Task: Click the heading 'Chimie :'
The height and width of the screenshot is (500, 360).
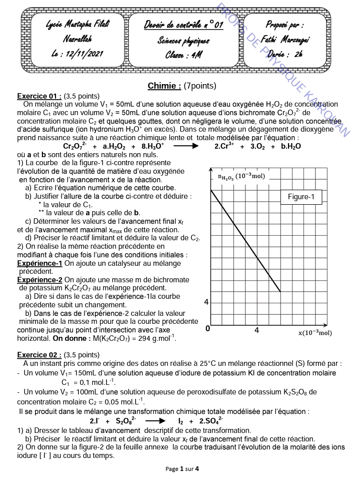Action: point(164,86)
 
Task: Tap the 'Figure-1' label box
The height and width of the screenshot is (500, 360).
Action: point(301,197)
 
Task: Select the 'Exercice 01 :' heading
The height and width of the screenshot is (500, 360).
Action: point(39,96)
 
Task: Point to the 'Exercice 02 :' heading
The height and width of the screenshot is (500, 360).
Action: point(39,355)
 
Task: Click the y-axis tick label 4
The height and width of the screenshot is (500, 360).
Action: point(206,302)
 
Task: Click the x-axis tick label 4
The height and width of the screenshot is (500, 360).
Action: point(257,330)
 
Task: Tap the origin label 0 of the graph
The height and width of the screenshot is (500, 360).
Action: point(207,329)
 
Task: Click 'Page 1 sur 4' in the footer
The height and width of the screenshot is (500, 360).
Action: point(182,469)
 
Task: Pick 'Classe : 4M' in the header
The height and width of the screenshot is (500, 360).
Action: point(183,55)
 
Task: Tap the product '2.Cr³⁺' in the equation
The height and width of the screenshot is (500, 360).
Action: point(224,146)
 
